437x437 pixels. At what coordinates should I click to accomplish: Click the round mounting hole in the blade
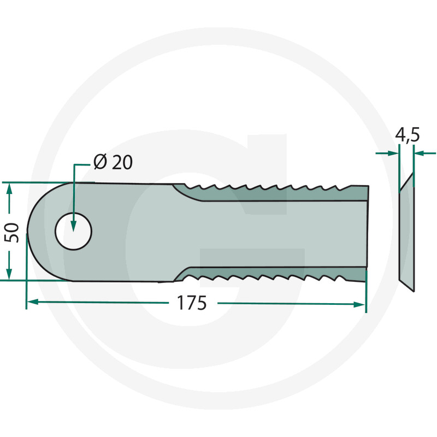(x=73, y=231)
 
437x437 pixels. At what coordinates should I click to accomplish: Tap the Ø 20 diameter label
(x=113, y=162)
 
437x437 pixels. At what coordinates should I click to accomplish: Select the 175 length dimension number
(x=192, y=303)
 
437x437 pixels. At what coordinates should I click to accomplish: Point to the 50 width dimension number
(x=12, y=233)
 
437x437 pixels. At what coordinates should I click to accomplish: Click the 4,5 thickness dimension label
(x=407, y=135)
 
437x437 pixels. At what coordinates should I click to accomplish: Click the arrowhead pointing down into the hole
(x=73, y=226)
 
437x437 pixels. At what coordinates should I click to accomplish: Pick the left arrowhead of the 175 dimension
(x=33, y=302)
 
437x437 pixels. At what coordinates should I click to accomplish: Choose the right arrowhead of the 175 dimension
(x=359, y=305)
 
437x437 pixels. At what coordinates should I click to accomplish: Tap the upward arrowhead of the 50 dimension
(x=9, y=189)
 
